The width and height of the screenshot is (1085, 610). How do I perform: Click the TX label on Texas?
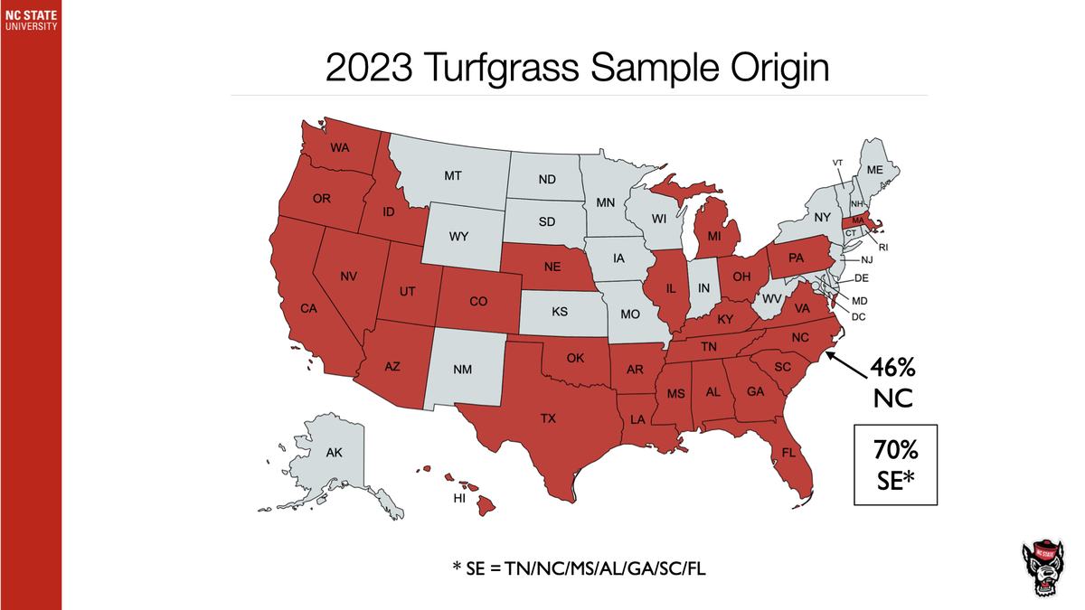tap(548, 418)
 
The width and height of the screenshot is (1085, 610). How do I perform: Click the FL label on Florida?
tap(789, 452)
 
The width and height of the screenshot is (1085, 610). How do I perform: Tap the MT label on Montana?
tap(454, 175)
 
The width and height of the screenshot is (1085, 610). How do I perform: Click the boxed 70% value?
tap(896, 449)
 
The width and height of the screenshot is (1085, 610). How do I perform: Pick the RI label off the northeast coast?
tap(883, 246)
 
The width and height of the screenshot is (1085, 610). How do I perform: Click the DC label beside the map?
tap(860, 316)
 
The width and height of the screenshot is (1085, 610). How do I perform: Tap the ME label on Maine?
tap(874, 170)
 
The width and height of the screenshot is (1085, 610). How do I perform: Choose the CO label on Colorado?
tap(478, 303)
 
